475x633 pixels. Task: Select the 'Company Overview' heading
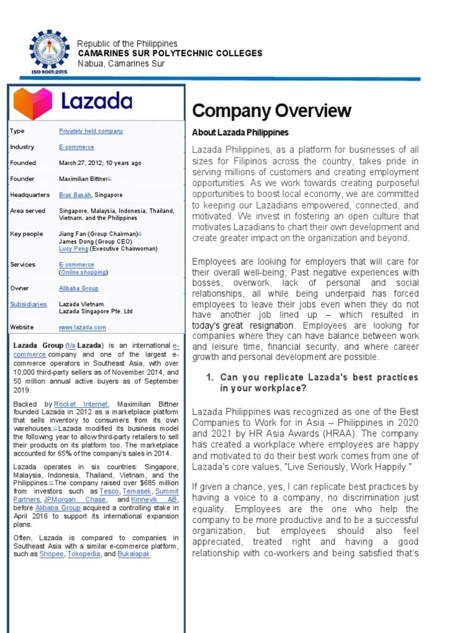(x=272, y=111)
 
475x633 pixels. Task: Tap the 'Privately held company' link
(x=91, y=131)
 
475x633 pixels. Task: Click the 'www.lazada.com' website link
(x=82, y=328)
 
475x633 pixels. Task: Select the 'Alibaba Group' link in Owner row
(x=79, y=289)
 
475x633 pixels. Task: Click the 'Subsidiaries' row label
(x=28, y=304)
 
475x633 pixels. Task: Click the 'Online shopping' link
(x=83, y=272)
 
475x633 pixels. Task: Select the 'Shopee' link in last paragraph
(x=51, y=554)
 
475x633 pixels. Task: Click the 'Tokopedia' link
(x=84, y=554)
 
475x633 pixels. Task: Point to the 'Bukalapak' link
(x=134, y=554)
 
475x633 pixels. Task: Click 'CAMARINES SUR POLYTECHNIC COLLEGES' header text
(x=169, y=54)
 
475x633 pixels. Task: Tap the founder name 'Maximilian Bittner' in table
(x=83, y=179)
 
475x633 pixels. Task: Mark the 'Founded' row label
(x=23, y=163)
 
